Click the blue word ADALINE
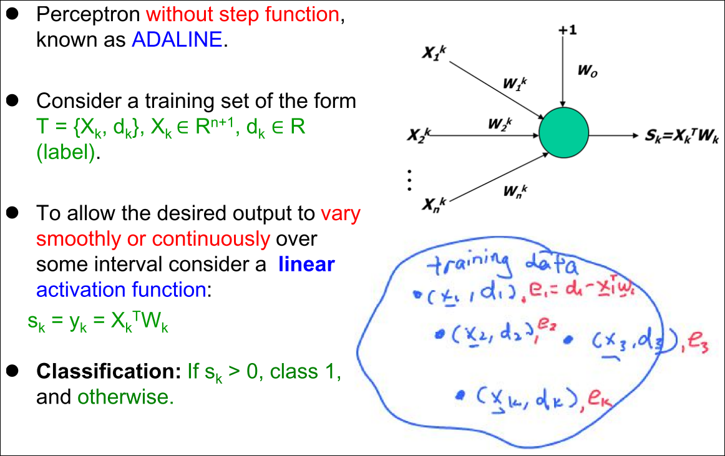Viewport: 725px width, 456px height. click(x=177, y=40)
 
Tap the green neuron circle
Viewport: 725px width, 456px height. click(x=563, y=133)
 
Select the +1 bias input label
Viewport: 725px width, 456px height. click(x=567, y=30)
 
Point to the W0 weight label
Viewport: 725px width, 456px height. click(x=587, y=70)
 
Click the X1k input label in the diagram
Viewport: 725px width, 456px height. click(x=434, y=53)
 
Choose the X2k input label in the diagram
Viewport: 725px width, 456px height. click(x=419, y=135)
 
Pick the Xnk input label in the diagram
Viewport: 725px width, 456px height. click(x=434, y=205)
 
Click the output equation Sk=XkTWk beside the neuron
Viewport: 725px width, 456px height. click(x=682, y=136)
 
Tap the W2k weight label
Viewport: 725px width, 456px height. click(x=500, y=124)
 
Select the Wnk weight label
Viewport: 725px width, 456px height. click(x=515, y=191)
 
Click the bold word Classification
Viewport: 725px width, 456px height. click(x=109, y=371)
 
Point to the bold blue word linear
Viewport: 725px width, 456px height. click(x=306, y=264)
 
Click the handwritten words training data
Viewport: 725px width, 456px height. click(x=502, y=264)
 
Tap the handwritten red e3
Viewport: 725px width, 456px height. click(x=698, y=344)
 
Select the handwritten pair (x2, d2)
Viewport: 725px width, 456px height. click(x=492, y=334)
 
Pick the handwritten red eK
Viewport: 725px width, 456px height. click(x=600, y=399)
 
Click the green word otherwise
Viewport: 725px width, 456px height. click(x=126, y=397)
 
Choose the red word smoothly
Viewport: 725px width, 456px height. click(x=79, y=239)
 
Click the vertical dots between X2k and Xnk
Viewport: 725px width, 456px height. click(x=409, y=180)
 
